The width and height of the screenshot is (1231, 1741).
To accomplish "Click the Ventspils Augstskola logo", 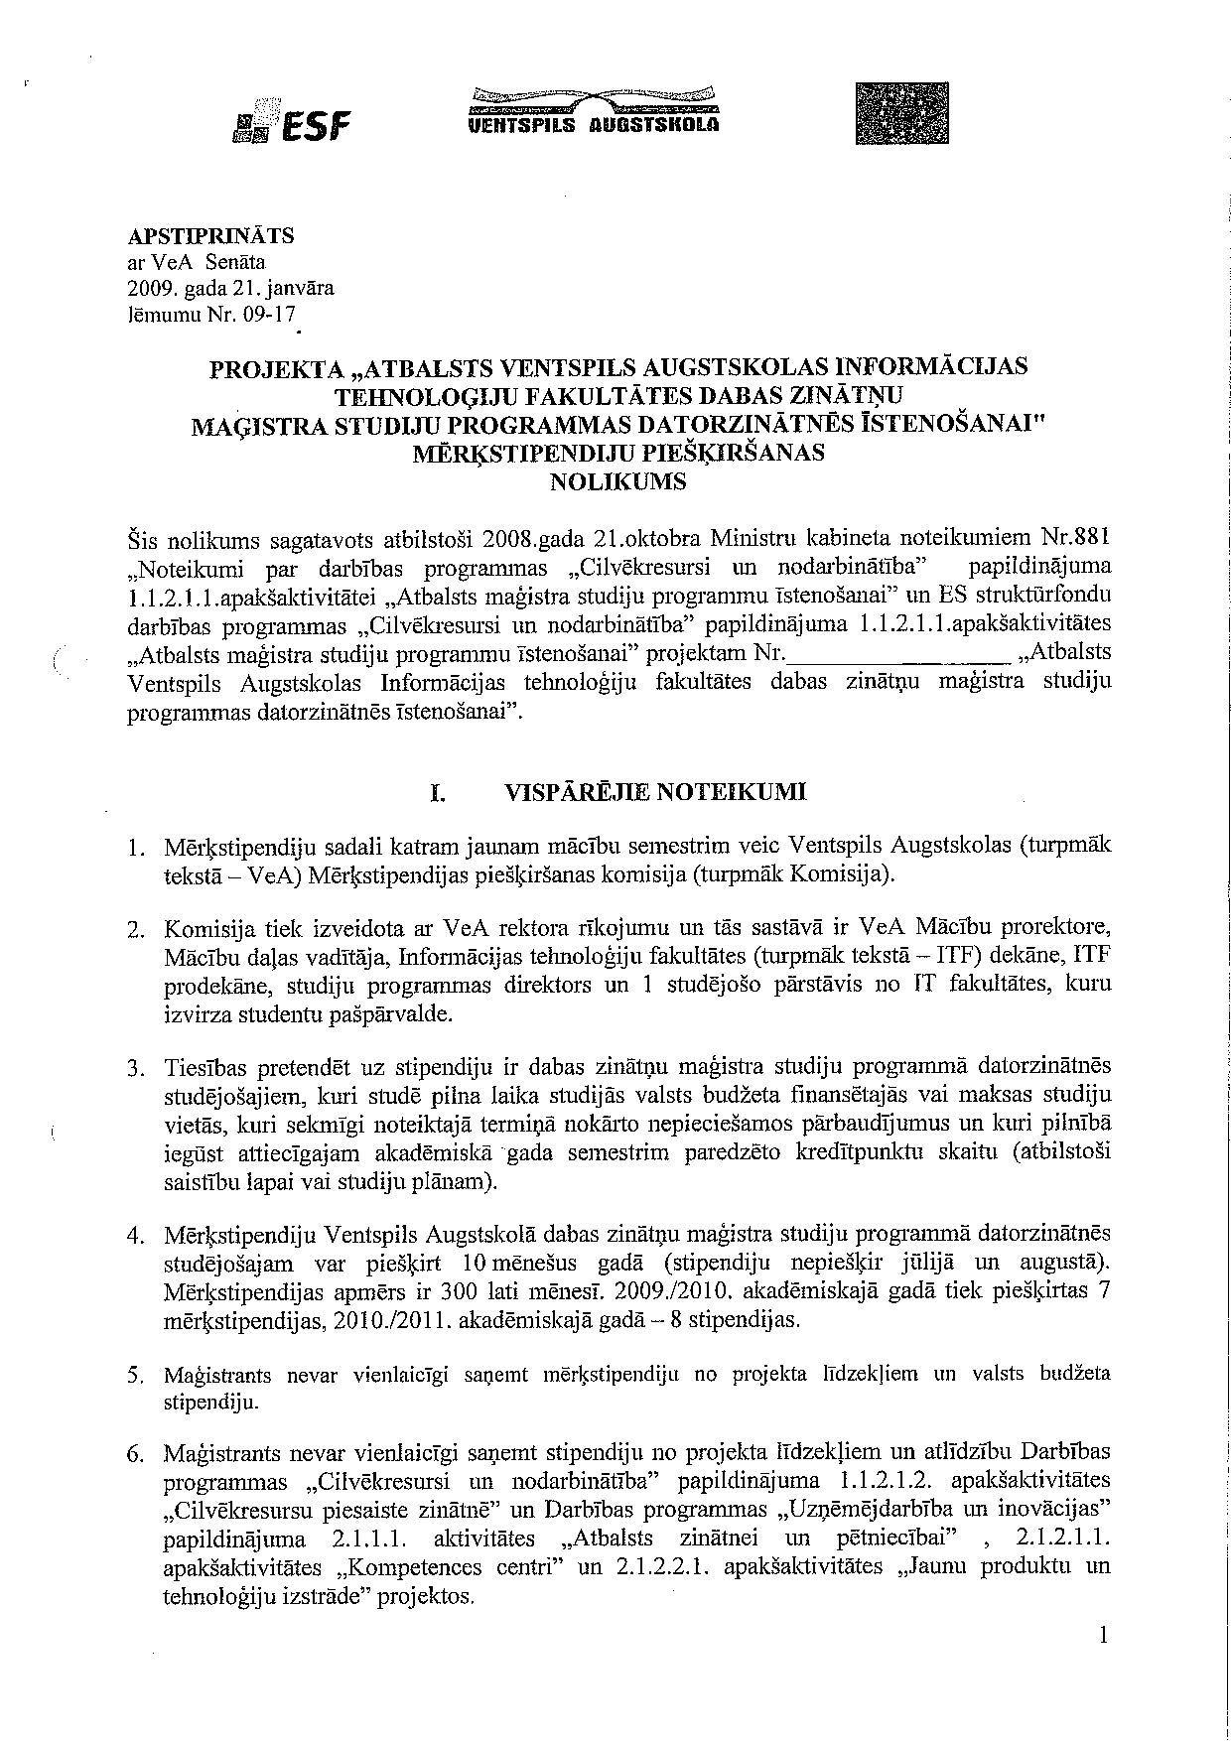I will pyautogui.click(x=594, y=111).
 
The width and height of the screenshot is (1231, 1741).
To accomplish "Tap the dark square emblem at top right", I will pyautogui.click(x=901, y=113).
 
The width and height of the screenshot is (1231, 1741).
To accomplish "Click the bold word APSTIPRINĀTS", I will pyautogui.click(x=210, y=236).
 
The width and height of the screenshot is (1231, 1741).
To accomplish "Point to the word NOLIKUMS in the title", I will pyautogui.click(x=617, y=483).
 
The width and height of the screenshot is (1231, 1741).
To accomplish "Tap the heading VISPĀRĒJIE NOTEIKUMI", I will pyautogui.click(x=656, y=792).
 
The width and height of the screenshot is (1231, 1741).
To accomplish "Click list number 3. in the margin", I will pyautogui.click(x=138, y=1069).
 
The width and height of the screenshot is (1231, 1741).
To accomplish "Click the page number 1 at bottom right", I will pyautogui.click(x=1103, y=1637).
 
